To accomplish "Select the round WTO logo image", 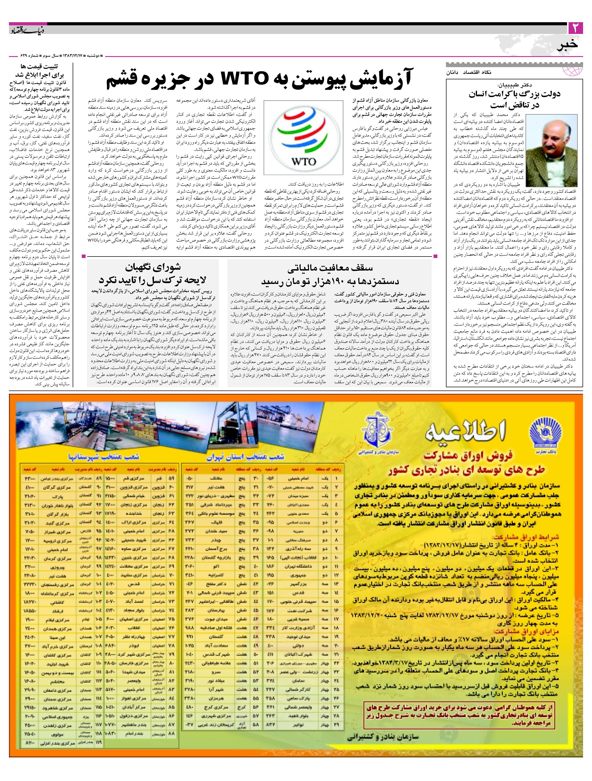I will coord(303,137).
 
